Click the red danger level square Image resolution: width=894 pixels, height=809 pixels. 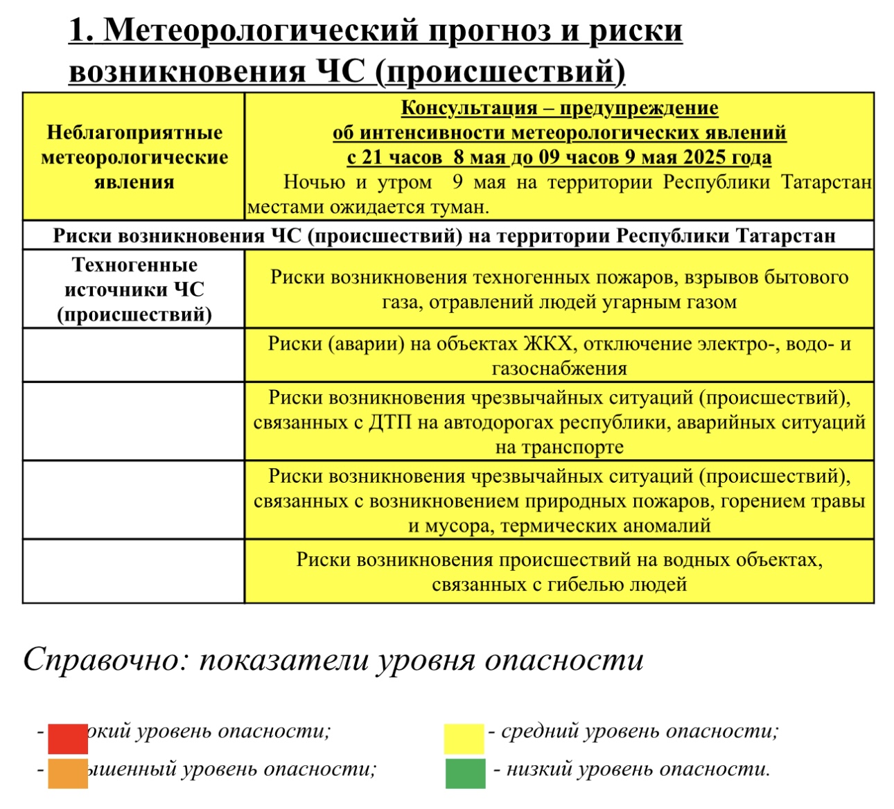pos(67,738)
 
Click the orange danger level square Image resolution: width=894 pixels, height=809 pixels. pos(67,773)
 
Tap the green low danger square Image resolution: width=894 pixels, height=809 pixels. pos(465,774)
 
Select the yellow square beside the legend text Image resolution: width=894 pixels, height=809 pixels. pos(464,738)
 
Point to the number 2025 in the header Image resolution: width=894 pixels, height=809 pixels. pos(705,157)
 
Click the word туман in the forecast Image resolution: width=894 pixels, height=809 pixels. pos(458,207)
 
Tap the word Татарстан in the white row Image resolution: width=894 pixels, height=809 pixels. pos(785,236)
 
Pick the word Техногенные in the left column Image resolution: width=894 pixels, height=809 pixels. pos(134,265)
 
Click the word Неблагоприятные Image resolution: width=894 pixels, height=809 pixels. pos(134,132)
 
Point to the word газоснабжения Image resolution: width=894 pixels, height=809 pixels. pos(559,368)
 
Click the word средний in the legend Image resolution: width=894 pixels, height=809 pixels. pos(536,731)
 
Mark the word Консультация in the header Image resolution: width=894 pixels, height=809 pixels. pos(468,108)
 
